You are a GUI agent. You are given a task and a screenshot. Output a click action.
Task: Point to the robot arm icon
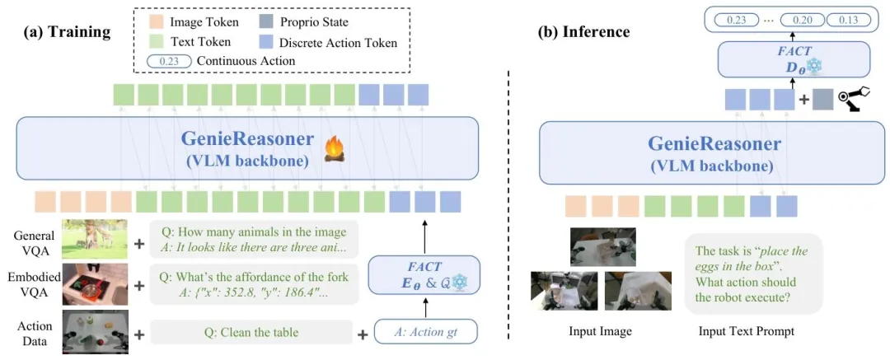click(x=855, y=100)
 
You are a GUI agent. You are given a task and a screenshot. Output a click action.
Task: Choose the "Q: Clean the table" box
click(x=251, y=334)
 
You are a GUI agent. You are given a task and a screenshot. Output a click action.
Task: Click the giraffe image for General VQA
click(x=94, y=239)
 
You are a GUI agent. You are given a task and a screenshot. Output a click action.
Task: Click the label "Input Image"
click(x=601, y=332)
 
